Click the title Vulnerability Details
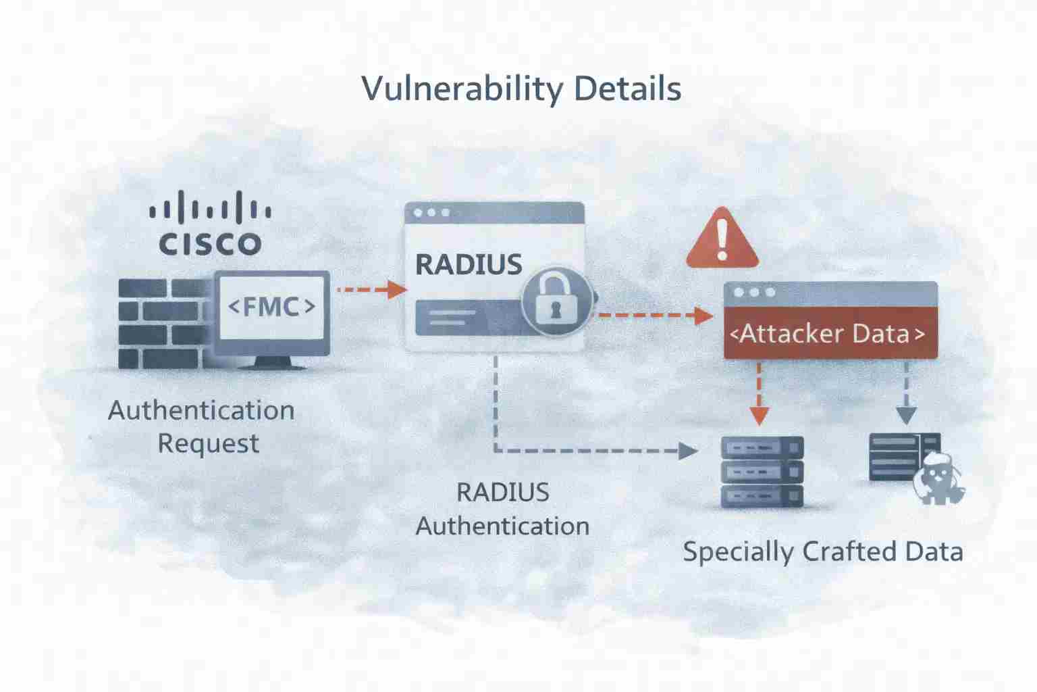point(521,89)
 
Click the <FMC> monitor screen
point(271,307)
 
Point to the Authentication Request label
point(202,426)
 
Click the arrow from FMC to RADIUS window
point(371,290)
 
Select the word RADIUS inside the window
point(469,264)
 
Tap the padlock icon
point(557,300)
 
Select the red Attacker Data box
point(830,333)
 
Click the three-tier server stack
point(762,471)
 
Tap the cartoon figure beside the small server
point(938,477)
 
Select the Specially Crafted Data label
point(822,551)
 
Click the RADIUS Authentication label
point(502,509)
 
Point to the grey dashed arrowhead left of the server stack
point(688,451)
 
